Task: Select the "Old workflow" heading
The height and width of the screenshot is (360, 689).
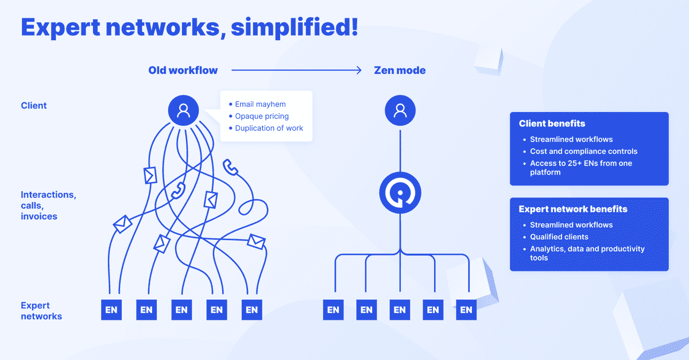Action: [183, 71]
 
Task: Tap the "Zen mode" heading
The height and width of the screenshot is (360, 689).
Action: [400, 71]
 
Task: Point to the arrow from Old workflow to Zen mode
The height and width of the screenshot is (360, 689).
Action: [296, 71]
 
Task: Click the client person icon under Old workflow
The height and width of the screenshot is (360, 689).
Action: [183, 110]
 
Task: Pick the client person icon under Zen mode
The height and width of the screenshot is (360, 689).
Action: [400, 110]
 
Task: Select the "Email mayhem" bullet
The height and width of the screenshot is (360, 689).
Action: [260, 104]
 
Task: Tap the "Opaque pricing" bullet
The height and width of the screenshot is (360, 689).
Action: [262, 117]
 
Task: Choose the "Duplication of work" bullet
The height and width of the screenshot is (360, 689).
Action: [269, 128]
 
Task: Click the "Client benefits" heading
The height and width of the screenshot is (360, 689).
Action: [552, 123]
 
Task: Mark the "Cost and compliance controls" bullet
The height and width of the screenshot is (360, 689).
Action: [583, 152]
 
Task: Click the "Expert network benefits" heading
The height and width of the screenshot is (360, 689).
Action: [572, 209]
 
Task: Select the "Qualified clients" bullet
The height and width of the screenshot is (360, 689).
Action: [559, 237]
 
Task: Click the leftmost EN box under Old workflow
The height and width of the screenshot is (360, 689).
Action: [111, 310]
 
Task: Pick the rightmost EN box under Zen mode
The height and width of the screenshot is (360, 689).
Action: [466, 310]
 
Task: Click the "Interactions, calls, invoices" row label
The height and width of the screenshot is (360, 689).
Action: [48, 206]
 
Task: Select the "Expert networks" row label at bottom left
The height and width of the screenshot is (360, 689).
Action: [41, 311]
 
